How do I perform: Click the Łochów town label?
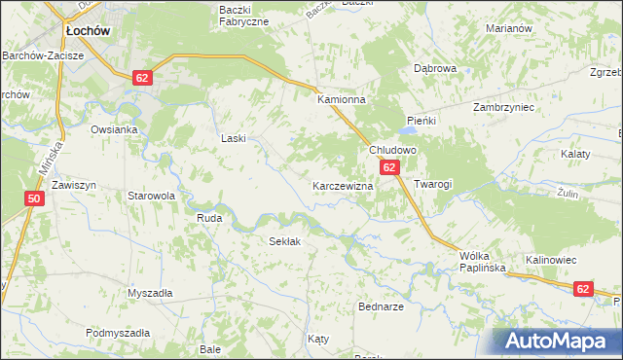tap(87, 31)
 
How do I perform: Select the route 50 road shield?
tap(34, 198)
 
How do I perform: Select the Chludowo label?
tap(392, 151)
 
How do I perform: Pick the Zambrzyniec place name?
tap(503, 108)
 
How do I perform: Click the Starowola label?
tap(151, 196)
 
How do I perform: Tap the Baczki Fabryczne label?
tap(241, 15)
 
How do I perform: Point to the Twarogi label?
tap(433, 184)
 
